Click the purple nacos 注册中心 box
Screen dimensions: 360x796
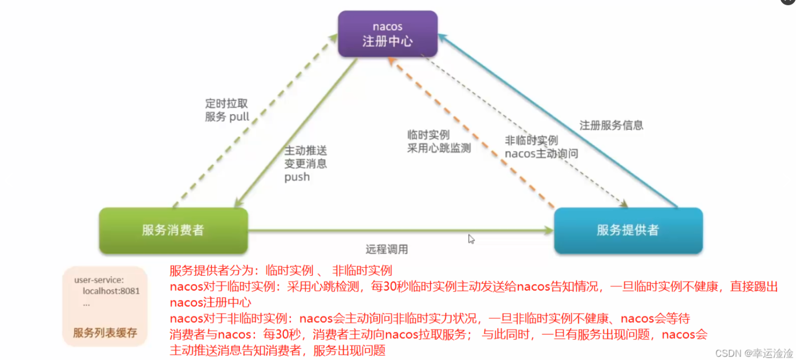pos(388,34)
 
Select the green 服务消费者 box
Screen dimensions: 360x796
pos(173,230)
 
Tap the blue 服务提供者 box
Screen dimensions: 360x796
pos(628,230)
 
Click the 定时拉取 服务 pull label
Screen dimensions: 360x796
pos(227,110)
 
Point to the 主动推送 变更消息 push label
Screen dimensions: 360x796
pos(305,164)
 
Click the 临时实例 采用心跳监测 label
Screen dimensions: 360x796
pos(439,141)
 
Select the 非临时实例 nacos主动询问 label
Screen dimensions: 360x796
pos(541,147)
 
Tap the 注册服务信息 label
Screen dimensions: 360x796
pos(611,125)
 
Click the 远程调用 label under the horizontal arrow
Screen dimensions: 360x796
pos(387,249)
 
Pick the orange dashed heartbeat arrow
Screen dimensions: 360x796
pos(471,132)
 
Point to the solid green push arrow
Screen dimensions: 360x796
pos(297,132)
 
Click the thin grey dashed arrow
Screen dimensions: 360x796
pos(524,130)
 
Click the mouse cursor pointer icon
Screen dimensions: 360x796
pos(471,239)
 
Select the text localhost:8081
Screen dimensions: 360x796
pos(111,291)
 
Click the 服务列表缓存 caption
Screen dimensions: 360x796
pos(105,333)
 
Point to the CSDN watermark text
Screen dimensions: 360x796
pos(754,353)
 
